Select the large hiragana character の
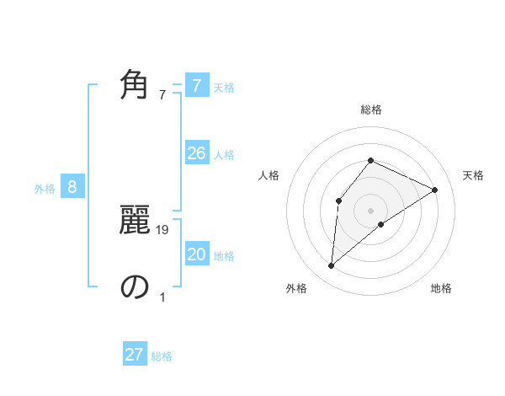pyautogui.click(x=135, y=286)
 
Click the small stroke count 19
pyautogui.click(x=163, y=230)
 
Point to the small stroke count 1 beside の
pyautogui.click(x=162, y=297)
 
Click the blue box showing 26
pyautogui.click(x=197, y=153)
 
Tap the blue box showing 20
pyautogui.click(x=197, y=254)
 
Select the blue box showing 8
pyautogui.click(x=72, y=187)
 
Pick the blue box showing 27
pyautogui.click(x=135, y=355)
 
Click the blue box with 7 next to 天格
pyautogui.click(x=197, y=86)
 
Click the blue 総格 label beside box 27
pyautogui.click(x=162, y=356)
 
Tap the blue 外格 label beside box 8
pyautogui.click(x=45, y=189)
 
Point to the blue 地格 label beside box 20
pyautogui.click(x=224, y=256)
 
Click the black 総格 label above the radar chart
pyautogui.click(x=370, y=110)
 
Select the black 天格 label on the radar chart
pyautogui.click(x=473, y=175)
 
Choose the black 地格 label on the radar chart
pyautogui.click(x=441, y=288)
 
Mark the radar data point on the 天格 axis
pyautogui.click(x=435, y=190)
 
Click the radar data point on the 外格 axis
pyautogui.click(x=332, y=266)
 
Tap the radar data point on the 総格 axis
pyautogui.click(x=370, y=160)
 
